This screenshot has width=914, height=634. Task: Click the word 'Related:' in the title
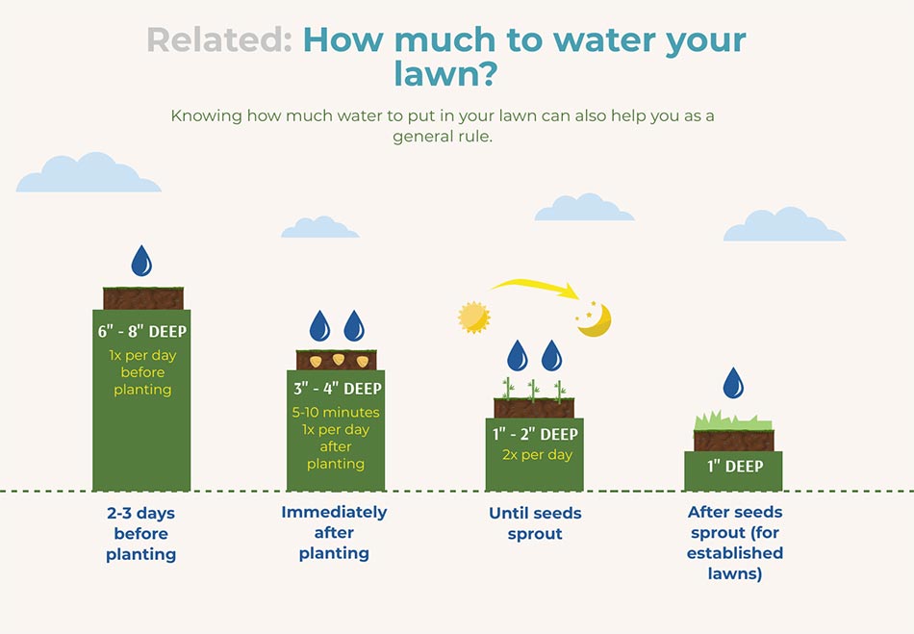coord(218,39)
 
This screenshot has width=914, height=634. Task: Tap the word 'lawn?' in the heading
coord(445,74)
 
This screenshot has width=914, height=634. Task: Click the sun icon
coord(474,317)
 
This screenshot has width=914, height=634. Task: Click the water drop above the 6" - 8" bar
coord(141,261)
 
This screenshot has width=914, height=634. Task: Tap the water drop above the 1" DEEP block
coord(733,383)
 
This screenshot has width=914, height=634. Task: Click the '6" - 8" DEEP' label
coord(142,332)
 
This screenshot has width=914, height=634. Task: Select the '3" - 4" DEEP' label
coord(338,389)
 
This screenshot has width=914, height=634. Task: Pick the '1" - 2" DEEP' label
coord(535,434)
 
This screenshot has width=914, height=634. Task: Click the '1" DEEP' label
coord(735,467)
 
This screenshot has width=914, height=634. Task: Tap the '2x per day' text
coord(538,454)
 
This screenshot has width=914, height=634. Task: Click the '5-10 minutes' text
coord(336,412)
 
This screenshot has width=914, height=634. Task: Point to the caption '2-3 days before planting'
coord(141,534)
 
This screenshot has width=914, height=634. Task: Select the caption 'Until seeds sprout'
coord(535,523)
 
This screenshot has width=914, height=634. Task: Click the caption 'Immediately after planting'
coord(334,533)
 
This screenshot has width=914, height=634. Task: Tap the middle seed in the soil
coord(339,359)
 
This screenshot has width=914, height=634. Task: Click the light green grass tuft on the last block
coord(733,420)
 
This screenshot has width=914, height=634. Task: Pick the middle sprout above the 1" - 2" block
coord(533,391)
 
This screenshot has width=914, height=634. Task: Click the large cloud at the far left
coord(89,172)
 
